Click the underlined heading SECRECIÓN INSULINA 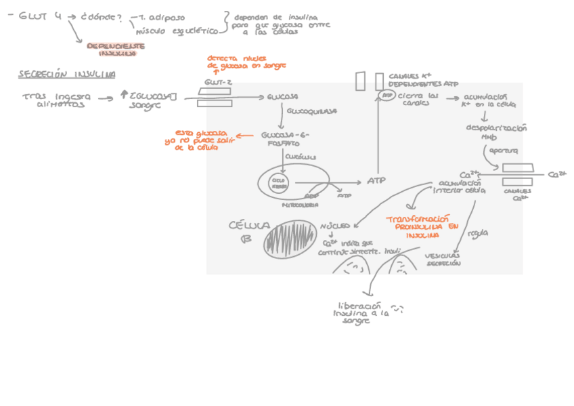[x=66, y=74]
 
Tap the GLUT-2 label [x=218, y=82]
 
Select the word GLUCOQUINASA [x=312, y=110]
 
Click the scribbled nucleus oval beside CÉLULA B [x=289, y=239]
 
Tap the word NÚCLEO [x=334, y=225]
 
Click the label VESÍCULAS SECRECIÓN [x=443, y=260]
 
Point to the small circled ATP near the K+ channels [x=387, y=96]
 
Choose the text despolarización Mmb [x=496, y=131]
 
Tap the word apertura [x=503, y=150]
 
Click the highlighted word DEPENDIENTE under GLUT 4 [x=116, y=46]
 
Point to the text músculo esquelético [x=177, y=31]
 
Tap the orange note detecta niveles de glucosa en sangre [x=246, y=62]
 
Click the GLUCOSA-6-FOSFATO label [x=284, y=139]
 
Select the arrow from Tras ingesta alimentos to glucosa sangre [x=106, y=98]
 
